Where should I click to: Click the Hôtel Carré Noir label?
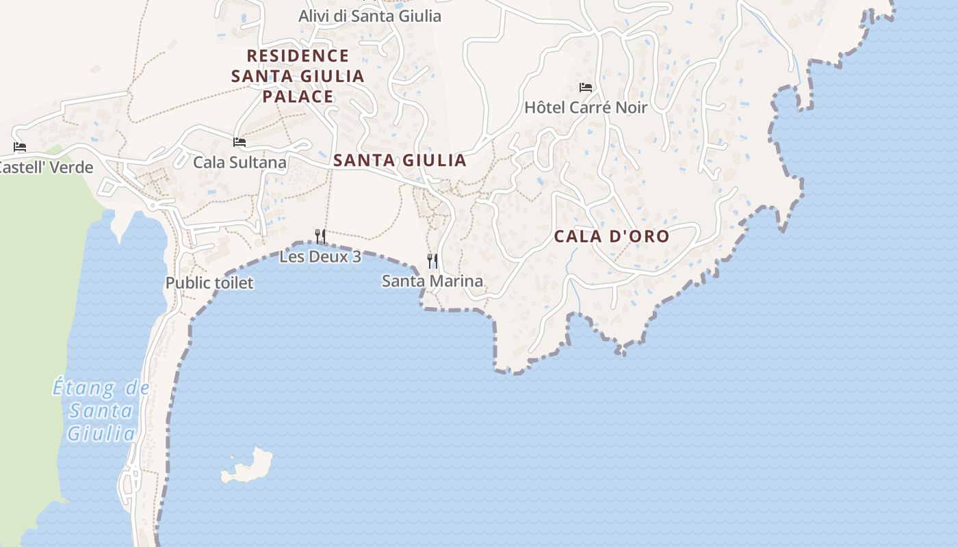point(585,107)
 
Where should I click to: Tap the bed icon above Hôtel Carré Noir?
point(586,87)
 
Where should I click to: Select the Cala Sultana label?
point(239,162)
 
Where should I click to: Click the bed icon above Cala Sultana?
point(239,142)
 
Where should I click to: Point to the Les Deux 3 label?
point(320,257)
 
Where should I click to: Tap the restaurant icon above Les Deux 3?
point(320,237)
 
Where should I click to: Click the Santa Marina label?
point(432,281)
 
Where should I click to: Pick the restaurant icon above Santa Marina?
point(432,261)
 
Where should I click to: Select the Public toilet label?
point(209,282)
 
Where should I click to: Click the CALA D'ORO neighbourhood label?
point(611,237)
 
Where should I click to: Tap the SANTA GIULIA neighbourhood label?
point(400,161)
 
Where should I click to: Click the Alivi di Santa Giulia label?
point(370,16)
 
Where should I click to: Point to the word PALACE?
point(298,96)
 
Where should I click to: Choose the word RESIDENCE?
point(298,55)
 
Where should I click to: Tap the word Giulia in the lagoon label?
point(101,433)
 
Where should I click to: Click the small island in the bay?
point(248,466)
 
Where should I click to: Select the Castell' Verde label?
point(45,168)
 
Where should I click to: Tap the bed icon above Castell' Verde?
point(20,147)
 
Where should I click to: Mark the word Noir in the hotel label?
point(630,107)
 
